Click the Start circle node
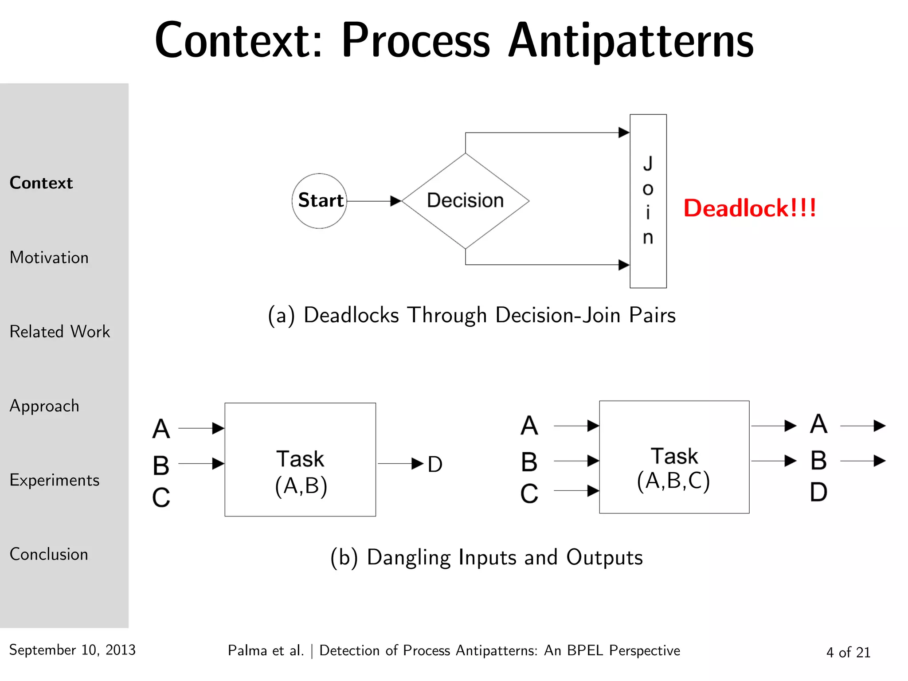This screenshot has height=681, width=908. pos(319,201)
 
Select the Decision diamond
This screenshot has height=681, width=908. pos(465,201)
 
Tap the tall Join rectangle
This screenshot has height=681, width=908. pos(648,201)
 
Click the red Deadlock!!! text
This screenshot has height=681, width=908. pos(749,208)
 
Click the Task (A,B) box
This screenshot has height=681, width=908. pos(300,460)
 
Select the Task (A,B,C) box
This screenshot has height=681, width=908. pos(674,457)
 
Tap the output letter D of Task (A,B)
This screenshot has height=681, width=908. pos(435,465)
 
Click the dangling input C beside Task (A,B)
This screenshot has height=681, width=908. pos(161,498)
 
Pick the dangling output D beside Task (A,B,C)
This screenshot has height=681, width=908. pos(818,493)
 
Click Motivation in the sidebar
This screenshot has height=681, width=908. pos(49,258)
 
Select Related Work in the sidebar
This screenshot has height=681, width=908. pos(60,332)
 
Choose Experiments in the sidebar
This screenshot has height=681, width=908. pos(55,480)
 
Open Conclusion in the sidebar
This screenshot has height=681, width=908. pos(49,554)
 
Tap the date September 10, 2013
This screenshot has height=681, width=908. pos(72,650)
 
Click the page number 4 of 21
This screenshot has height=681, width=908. pos(848,652)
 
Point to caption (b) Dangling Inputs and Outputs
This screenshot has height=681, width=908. pos(486,557)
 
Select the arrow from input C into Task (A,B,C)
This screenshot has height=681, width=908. pos(576,491)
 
